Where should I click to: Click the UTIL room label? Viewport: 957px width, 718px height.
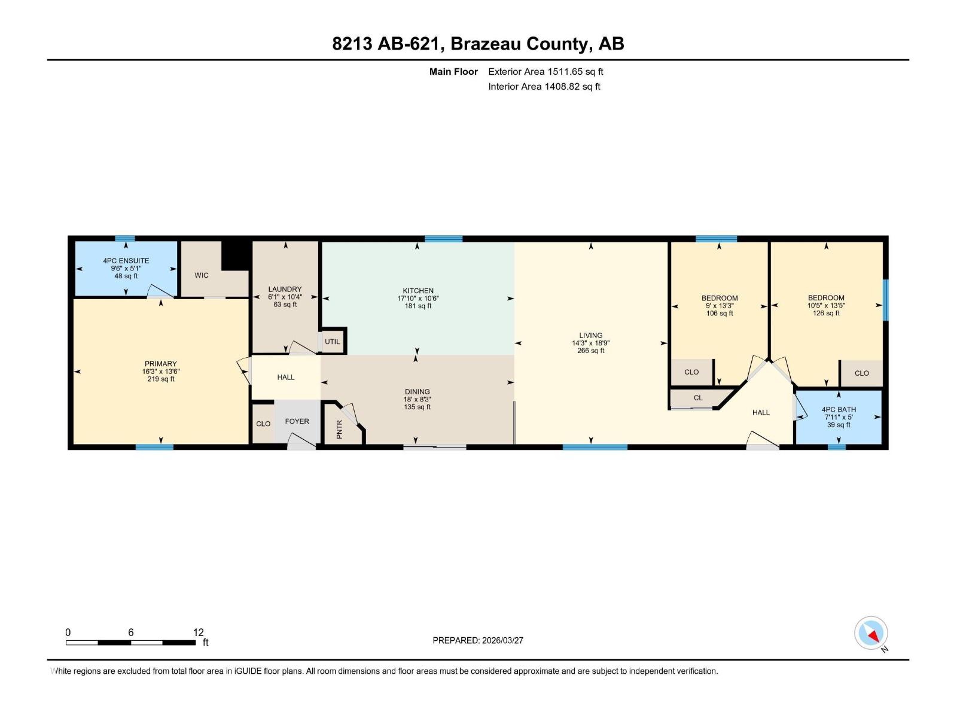coord(333,342)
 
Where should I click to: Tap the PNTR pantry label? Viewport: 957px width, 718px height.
coord(340,429)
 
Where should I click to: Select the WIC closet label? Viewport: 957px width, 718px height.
coord(202,275)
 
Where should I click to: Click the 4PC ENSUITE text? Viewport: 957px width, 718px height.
coord(126,261)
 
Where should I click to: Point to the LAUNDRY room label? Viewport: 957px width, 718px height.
coord(285,289)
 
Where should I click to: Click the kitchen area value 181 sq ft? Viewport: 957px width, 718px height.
coord(418,306)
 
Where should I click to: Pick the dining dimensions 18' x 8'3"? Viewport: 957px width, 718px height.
coord(417,399)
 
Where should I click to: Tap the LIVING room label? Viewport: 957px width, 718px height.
coord(590,336)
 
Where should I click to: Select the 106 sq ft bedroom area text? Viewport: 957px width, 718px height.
coord(720,313)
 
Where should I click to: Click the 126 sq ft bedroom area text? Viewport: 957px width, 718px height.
coord(826,313)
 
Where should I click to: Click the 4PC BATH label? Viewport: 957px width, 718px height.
coord(839,410)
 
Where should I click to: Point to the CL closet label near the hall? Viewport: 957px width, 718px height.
coord(698,398)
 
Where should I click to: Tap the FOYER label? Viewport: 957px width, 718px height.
coord(297,421)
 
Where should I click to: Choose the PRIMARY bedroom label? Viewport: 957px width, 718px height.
coord(161,364)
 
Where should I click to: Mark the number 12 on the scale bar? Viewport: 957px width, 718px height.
coord(199,632)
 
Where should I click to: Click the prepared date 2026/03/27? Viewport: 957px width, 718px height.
coord(502,640)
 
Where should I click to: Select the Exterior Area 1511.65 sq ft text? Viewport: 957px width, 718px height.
coord(545,71)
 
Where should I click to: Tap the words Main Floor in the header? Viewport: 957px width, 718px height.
coord(453,71)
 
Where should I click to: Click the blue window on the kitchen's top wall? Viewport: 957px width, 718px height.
coord(443,239)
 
